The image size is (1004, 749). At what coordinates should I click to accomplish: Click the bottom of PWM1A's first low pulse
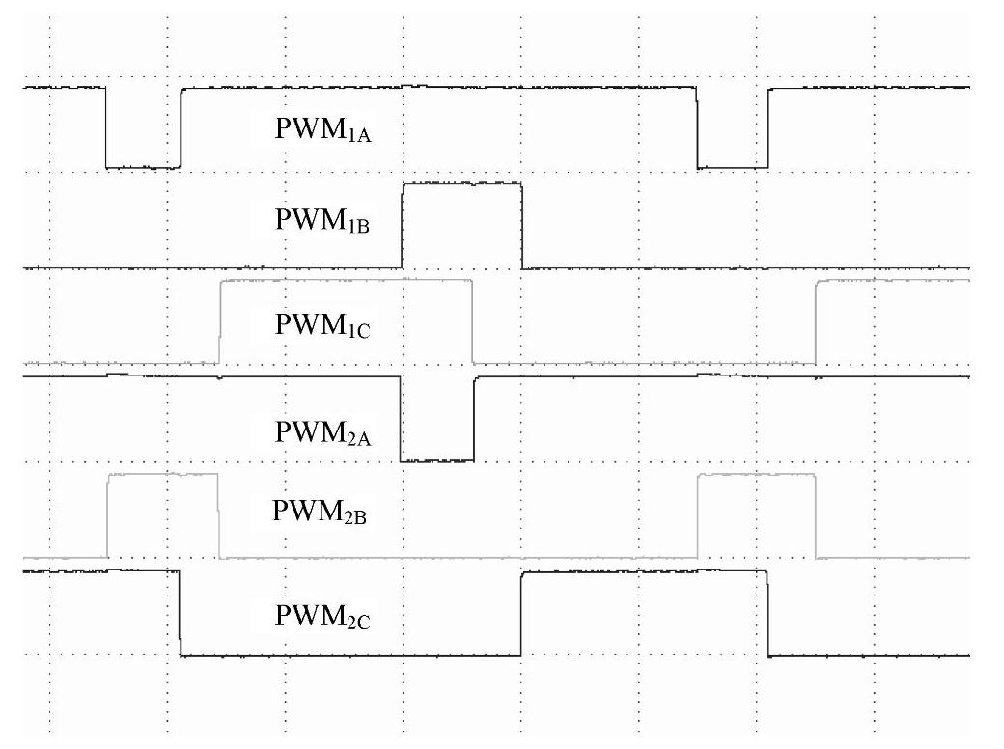[x=143, y=168]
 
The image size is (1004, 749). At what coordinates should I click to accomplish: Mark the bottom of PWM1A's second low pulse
[x=733, y=168]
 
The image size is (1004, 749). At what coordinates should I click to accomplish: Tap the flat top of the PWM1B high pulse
[x=461, y=183]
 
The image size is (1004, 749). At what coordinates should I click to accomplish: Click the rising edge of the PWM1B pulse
[x=402, y=225]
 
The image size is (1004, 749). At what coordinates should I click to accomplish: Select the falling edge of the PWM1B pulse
[x=522, y=225]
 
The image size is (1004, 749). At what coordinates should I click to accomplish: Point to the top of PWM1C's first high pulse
[x=346, y=280]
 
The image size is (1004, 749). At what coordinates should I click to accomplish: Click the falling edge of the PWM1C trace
[x=472, y=321]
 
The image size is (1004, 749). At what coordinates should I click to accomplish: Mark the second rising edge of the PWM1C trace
[x=817, y=321]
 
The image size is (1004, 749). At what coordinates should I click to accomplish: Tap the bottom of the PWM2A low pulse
[x=437, y=460]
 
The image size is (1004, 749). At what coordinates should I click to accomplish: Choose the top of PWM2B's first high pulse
[x=163, y=475]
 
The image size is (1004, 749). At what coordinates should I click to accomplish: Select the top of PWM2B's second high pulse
[x=757, y=475]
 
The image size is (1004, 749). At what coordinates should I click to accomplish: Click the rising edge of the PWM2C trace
[x=521, y=614]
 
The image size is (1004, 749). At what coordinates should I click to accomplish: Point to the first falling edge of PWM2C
[x=181, y=614]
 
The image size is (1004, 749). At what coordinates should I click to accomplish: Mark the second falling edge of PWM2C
[x=768, y=614]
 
